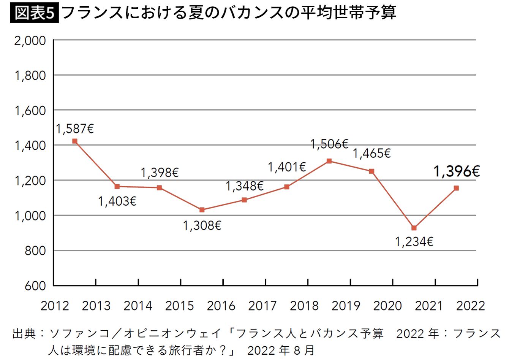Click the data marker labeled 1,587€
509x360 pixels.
click(74, 141)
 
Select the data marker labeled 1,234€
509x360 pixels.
click(414, 228)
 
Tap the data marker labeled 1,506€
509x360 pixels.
click(329, 161)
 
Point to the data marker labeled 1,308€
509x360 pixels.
click(202, 210)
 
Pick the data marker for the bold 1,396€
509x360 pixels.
click(456, 188)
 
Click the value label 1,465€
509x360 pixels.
click(371, 154)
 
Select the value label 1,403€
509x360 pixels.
click(117, 201)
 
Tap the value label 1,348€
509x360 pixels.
click(244, 186)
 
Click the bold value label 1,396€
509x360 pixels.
click(456, 171)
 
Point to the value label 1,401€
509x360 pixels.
click(287, 167)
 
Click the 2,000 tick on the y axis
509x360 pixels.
click(30, 40)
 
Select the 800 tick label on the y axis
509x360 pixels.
click(35, 251)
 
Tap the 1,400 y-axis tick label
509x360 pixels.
click(30, 146)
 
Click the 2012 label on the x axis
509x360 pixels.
click(55, 306)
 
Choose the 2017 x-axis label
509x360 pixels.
click(262, 306)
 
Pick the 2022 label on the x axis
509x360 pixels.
click(471, 306)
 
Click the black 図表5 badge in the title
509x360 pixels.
click(35, 13)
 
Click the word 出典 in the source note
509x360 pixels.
click(24, 334)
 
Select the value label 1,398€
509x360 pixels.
click(160, 173)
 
